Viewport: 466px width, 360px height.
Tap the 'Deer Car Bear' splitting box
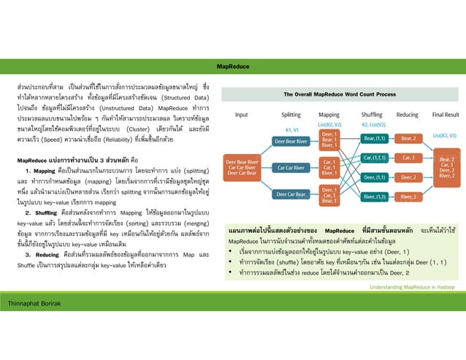[291, 194]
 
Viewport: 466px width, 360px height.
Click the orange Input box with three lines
[242, 166]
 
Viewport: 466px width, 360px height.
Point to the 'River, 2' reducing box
[408, 196]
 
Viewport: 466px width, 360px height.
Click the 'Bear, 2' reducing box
[408, 138]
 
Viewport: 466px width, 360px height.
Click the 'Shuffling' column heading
[372, 115]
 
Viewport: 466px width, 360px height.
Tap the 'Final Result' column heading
[445, 115]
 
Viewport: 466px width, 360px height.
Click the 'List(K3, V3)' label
[444, 135]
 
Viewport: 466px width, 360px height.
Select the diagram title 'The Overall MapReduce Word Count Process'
[340, 95]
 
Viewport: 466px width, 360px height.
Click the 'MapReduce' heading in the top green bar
[233, 66]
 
